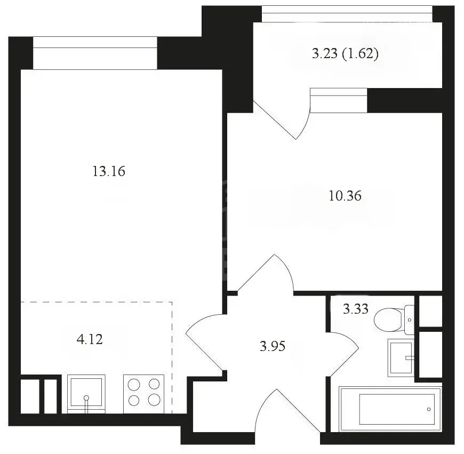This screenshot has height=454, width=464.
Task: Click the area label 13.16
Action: [x=109, y=171]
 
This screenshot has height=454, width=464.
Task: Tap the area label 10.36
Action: [x=345, y=196]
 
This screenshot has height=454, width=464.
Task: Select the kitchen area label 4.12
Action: [x=90, y=339]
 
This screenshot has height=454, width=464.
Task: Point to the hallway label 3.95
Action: [x=273, y=346]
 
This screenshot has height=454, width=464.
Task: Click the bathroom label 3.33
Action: [x=355, y=309]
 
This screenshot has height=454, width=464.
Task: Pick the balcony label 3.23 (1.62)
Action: [x=345, y=54]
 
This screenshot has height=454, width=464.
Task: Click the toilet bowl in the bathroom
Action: [x=389, y=320]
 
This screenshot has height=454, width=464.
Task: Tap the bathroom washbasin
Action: [x=401, y=358]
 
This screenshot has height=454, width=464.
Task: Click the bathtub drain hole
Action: [x=429, y=409]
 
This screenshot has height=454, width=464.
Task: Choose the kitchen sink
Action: [x=86, y=394]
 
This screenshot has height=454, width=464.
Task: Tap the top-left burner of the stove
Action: [x=134, y=385]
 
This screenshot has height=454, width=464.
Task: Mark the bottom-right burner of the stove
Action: [x=154, y=400]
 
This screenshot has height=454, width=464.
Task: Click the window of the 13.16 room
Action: [x=95, y=53]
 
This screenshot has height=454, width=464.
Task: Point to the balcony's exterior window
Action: [x=347, y=14]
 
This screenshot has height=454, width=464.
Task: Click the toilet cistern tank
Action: [x=410, y=320]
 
